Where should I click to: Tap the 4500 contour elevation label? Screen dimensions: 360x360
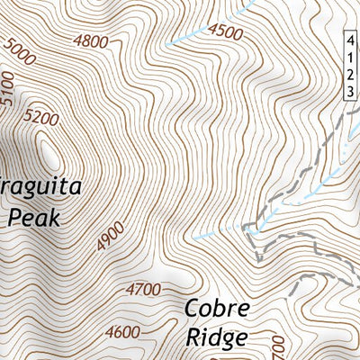pyautogui.click(x=225, y=33)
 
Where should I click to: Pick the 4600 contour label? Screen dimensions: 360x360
pyautogui.click(x=122, y=332)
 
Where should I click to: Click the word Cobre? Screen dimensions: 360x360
pyautogui.click(x=217, y=309)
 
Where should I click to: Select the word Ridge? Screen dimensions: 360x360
pyautogui.click(x=216, y=338)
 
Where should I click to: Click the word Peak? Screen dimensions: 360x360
pyautogui.click(x=32, y=217)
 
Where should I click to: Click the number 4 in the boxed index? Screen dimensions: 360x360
pyautogui.click(x=351, y=41)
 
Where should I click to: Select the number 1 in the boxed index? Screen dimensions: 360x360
pyautogui.click(x=351, y=58)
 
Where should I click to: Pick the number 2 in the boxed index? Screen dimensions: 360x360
pyautogui.click(x=351, y=76)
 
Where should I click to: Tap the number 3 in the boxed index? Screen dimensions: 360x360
pyautogui.click(x=351, y=92)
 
